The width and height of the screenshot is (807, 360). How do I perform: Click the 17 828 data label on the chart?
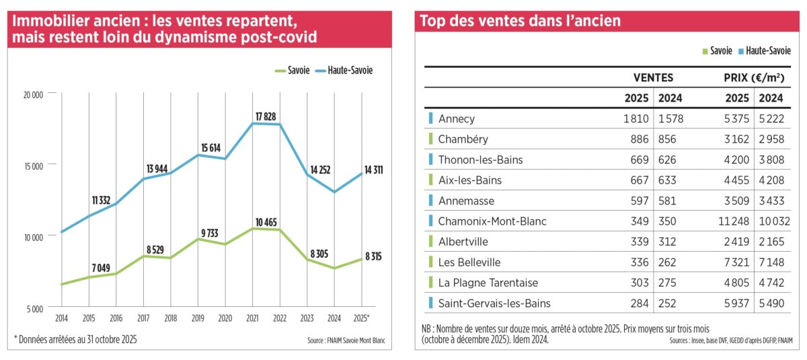point(266,117)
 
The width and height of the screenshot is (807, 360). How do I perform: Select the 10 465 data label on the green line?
point(266,222)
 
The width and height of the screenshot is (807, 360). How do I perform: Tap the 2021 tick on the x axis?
point(252,318)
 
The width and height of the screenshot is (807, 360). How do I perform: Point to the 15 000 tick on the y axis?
point(34,166)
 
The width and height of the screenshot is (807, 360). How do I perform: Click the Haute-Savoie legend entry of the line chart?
point(344,70)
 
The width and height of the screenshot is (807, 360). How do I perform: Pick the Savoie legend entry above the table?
point(717,51)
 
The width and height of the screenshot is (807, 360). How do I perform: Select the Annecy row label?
point(457,119)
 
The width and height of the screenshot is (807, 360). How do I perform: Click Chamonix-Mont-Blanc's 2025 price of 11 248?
point(734,221)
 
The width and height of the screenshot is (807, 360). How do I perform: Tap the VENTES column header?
point(653,78)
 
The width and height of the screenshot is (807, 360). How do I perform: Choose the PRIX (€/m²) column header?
point(754,78)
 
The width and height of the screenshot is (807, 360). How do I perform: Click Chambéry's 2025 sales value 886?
point(640,139)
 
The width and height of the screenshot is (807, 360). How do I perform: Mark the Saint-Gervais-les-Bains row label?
point(494,303)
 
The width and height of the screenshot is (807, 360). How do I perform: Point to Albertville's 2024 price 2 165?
point(771,242)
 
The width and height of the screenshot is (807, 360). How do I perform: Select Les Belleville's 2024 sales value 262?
point(667,262)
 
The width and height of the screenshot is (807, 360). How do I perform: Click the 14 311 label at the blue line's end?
point(374,170)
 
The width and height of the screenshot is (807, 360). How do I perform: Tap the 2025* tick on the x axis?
point(361,318)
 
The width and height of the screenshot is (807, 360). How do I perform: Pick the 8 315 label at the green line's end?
point(373,256)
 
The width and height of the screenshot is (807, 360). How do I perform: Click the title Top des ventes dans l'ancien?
point(521,21)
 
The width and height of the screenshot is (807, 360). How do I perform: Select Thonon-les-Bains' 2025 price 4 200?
point(736,159)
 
